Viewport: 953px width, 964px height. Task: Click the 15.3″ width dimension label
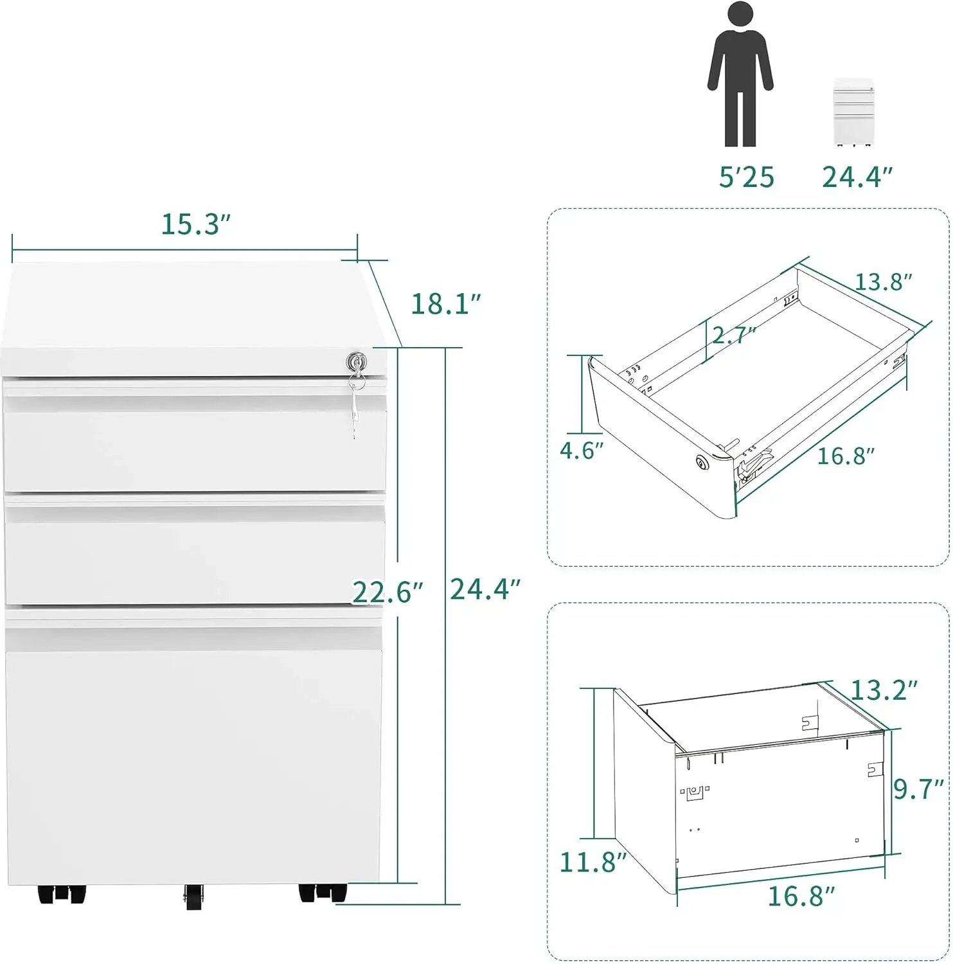tap(195, 224)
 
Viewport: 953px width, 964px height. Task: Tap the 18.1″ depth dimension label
tap(445, 304)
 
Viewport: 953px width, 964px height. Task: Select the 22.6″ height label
tap(387, 593)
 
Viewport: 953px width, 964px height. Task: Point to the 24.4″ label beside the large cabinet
tap(485, 589)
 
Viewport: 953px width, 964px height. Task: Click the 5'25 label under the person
tap(746, 177)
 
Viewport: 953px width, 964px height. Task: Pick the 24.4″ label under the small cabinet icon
tap(857, 177)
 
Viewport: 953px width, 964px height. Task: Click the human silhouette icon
tap(740, 74)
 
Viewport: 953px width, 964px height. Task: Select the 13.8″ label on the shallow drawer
tap(883, 282)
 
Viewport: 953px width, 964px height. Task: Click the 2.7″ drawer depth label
tap(733, 335)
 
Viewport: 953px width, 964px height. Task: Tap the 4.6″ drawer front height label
tap(582, 451)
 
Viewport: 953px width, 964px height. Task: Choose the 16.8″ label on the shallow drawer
tap(845, 456)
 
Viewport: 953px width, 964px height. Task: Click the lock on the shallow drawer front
tap(701, 461)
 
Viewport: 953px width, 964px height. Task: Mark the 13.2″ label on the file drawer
tap(884, 690)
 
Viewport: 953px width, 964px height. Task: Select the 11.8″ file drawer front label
tap(592, 862)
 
